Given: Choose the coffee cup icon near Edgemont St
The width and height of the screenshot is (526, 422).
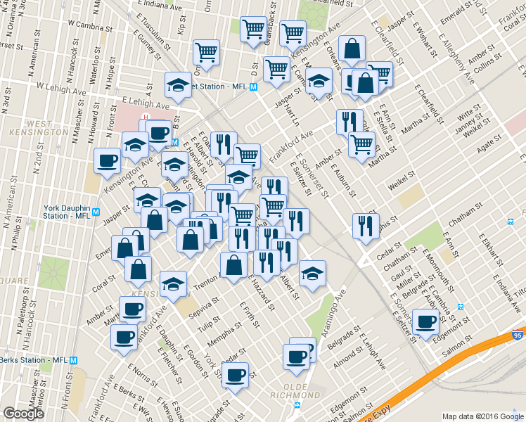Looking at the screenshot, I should (425, 322).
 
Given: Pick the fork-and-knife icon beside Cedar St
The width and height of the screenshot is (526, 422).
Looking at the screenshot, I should (366, 226).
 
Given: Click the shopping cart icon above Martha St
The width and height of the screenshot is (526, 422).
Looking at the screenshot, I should (361, 145).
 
